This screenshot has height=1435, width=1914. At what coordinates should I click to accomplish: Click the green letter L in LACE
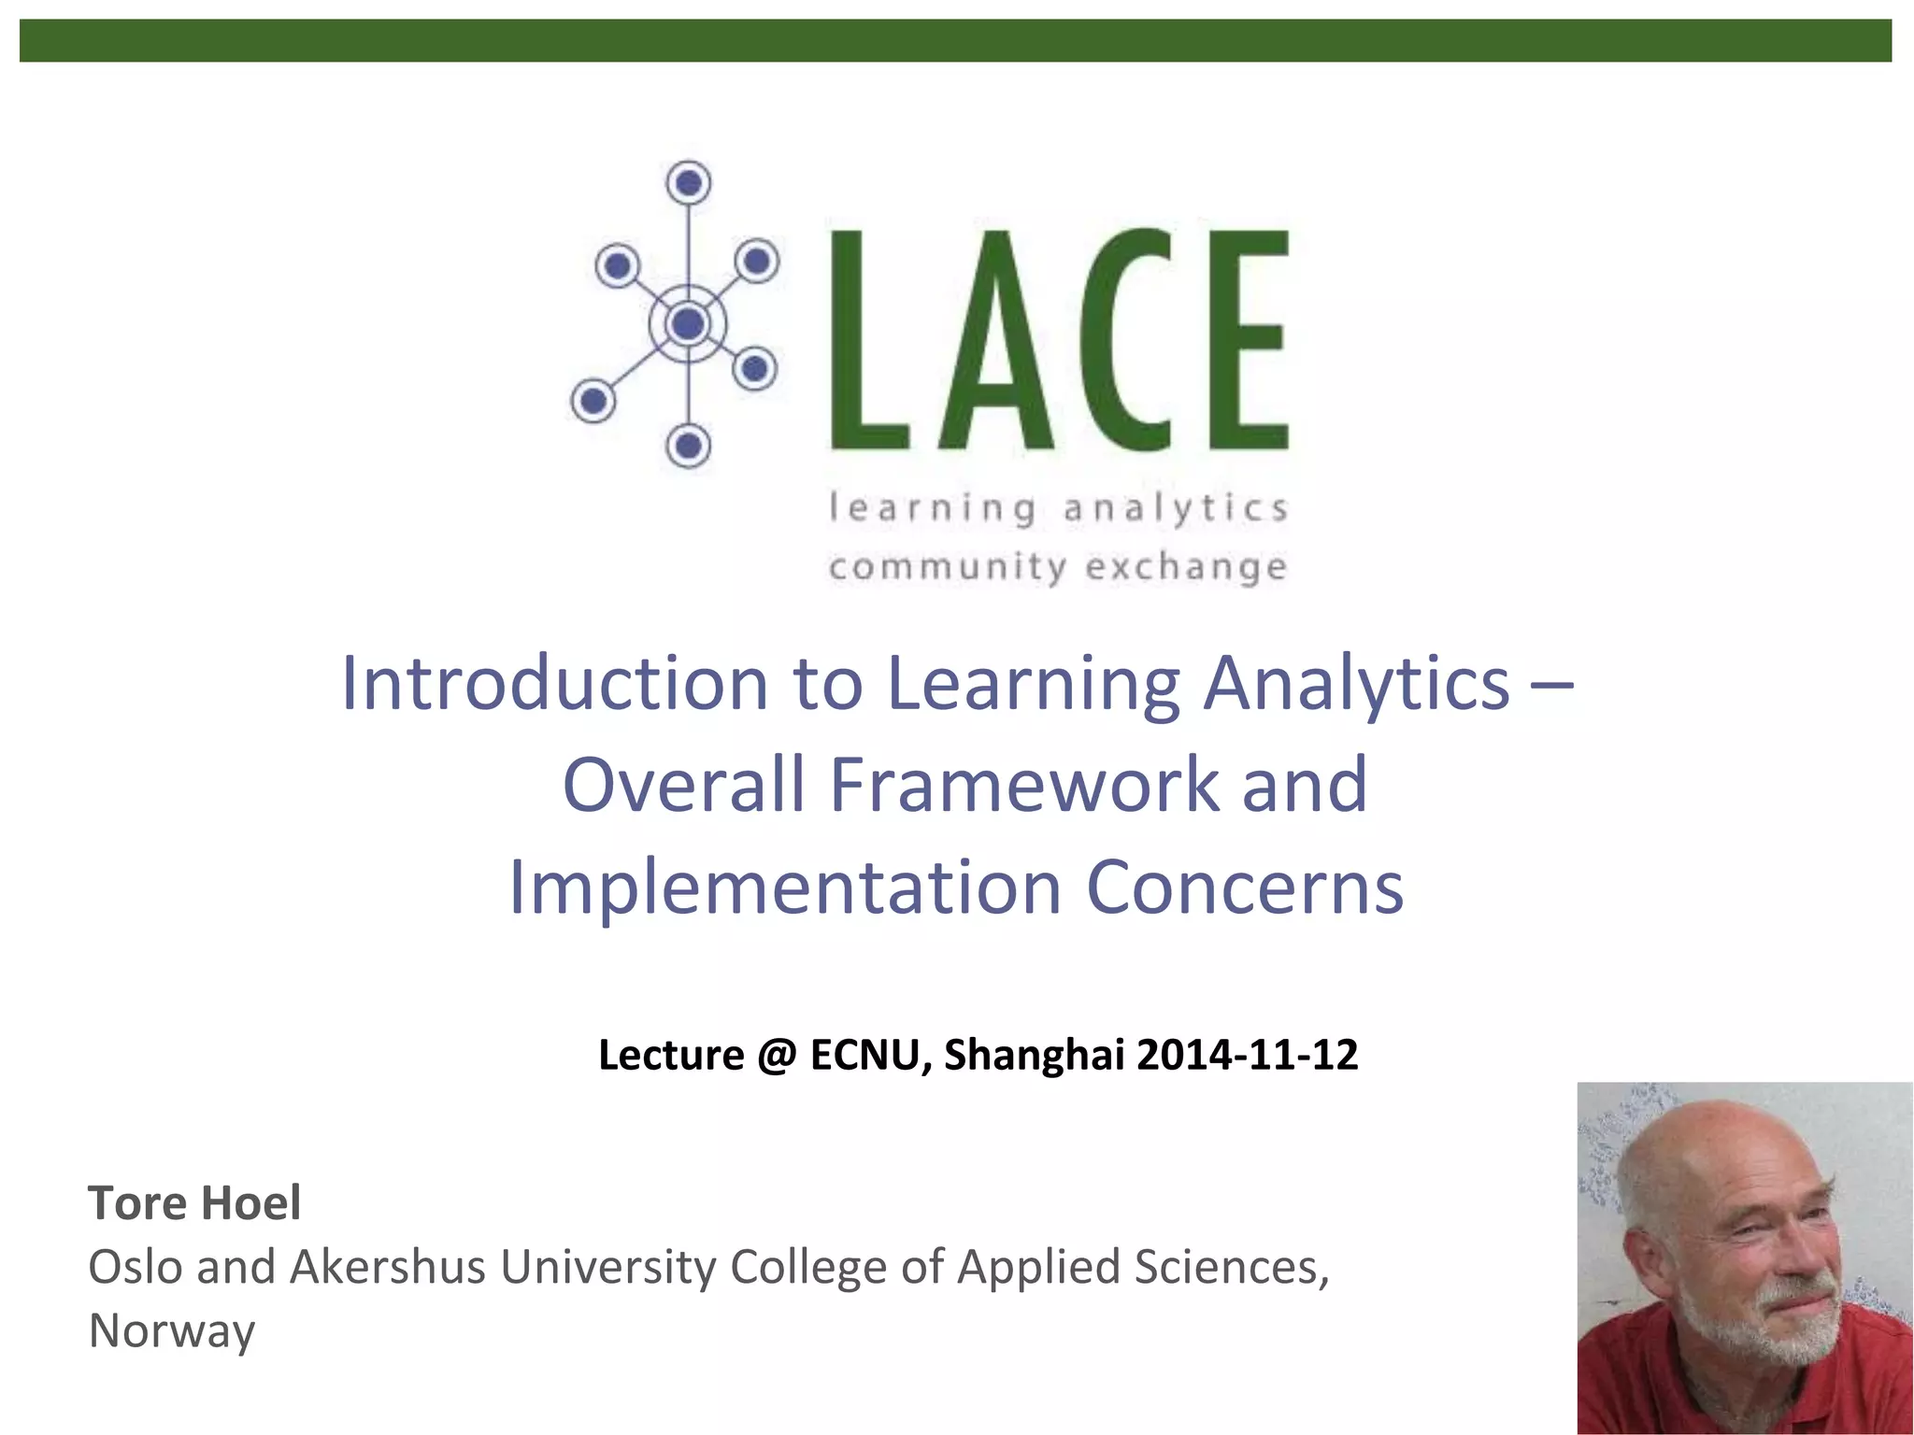(864, 341)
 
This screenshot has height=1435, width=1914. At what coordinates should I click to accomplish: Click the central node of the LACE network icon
(689, 324)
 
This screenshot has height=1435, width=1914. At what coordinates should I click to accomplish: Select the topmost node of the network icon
(689, 182)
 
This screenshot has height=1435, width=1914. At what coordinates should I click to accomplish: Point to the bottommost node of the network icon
(689, 446)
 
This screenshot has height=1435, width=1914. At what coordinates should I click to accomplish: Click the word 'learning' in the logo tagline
(933, 509)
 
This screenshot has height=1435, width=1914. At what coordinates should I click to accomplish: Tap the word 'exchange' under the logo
(1185, 567)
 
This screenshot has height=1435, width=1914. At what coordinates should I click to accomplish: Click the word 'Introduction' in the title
(555, 684)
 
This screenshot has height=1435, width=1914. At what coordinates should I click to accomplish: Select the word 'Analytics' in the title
(1356, 684)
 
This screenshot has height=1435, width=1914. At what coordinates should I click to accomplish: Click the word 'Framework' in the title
(1023, 785)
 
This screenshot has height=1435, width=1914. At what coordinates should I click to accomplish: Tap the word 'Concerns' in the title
(1244, 888)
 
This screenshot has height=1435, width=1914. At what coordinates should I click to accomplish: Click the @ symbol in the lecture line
(778, 1056)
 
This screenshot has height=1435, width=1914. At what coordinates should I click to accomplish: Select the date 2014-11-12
(1247, 1056)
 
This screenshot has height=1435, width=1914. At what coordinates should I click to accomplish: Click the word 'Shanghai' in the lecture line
(1034, 1056)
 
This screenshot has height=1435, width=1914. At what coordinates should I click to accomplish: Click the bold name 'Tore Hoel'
(194, 1203)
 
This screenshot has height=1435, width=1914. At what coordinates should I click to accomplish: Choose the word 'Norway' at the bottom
(171, 1331)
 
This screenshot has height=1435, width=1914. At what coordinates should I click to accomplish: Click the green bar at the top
(955, 41)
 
